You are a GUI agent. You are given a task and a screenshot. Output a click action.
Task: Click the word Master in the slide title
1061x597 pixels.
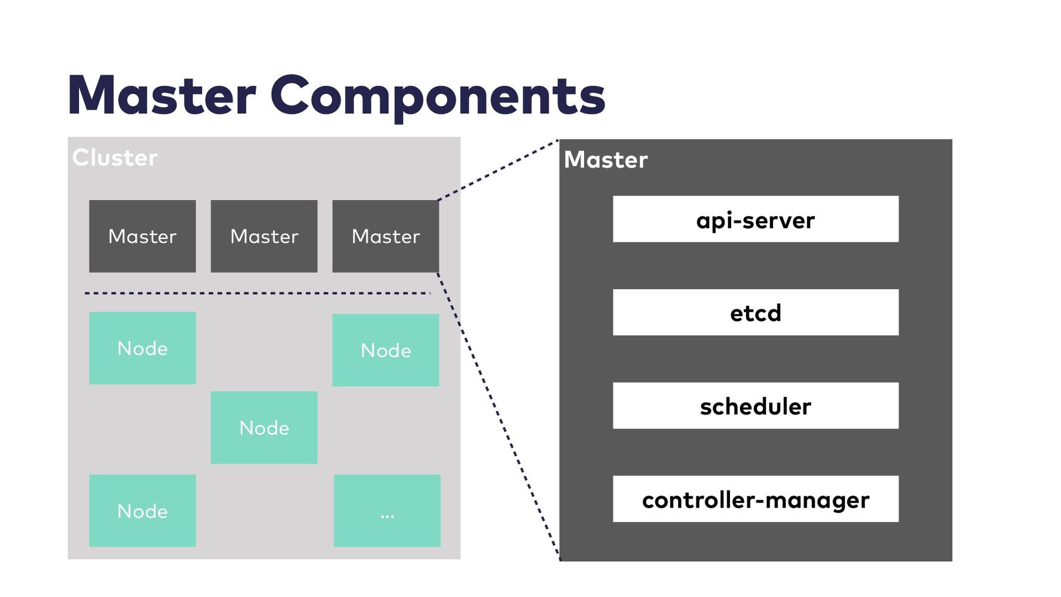tap(161, 96)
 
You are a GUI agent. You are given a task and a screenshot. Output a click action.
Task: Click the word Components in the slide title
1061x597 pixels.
tap(438, 97)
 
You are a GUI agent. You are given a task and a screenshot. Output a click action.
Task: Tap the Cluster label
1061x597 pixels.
tap(115, 158)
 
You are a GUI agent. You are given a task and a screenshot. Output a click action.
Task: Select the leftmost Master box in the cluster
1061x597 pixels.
tap(143, 236)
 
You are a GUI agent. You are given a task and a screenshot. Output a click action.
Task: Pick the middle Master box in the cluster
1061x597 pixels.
tap(264, 236)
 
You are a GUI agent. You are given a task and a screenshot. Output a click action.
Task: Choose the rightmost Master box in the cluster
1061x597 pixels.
tap(386, 236)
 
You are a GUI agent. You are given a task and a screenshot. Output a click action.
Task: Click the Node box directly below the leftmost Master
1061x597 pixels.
tap(143, 348)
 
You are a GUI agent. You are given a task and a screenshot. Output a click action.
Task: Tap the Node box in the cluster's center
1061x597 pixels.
tap(264, 427)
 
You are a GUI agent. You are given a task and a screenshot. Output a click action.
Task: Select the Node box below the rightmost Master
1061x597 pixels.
tap(386, 350)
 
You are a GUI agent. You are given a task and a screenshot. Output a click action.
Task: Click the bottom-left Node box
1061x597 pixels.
tap(143, 511)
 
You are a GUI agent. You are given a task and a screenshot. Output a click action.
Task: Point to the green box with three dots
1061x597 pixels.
tap(387, 511)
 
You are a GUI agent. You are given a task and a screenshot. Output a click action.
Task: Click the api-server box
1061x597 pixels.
tap(755, 219)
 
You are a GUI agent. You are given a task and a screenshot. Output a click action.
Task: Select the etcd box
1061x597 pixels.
tap(755, 312)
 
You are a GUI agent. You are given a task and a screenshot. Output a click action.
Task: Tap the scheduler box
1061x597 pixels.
tap(755, 406)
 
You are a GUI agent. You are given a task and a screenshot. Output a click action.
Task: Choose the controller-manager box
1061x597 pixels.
tap(755, 499)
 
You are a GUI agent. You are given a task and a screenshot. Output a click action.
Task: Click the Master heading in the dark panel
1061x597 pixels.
tap(606, 160)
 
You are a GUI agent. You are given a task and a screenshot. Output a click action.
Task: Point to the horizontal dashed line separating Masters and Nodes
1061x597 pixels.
tap(258, 293)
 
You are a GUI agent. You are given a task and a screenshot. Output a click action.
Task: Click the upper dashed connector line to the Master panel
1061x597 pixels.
tap(498, 170)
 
